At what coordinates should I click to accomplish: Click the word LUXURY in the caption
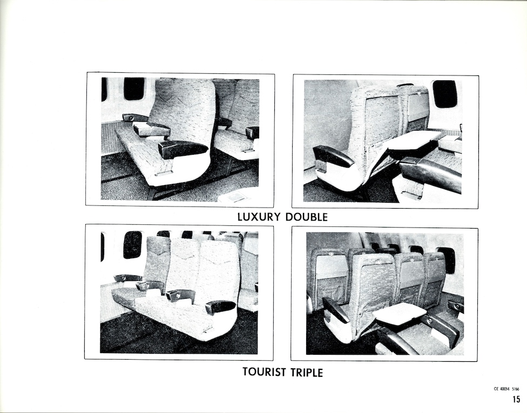(x=258, y=217)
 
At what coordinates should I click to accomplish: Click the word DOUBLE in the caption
(x=306, y=217)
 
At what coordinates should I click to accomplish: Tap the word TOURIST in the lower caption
(x=264, y=372)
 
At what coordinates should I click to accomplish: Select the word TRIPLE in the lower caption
(x=307, y=372)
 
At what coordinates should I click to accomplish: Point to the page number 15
(x=516, y=399)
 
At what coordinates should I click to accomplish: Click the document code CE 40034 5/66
(x=506, y=389)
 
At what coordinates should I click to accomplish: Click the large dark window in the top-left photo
(x=134, y=89)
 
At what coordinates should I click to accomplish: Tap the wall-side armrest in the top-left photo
(x=135, y=118)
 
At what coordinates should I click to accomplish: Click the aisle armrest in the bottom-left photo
(x=220, y=306)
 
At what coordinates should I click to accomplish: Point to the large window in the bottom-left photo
(x=132, y=245)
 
